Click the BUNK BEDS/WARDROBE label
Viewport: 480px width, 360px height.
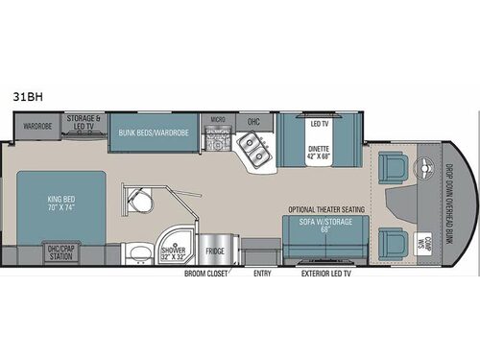(154, 132)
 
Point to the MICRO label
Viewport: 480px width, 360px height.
(218, 120)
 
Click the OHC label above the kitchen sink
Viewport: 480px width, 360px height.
(254, 122)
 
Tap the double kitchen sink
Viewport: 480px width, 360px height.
(252, 146)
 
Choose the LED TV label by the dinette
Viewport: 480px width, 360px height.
(319, 123)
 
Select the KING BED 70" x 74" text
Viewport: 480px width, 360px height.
(60, 204)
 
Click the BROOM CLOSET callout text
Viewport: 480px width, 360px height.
(207, 273)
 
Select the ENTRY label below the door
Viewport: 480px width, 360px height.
(262, 273)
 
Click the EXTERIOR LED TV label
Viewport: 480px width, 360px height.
(327, 273)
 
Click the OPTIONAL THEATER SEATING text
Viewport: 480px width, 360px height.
(324, 209)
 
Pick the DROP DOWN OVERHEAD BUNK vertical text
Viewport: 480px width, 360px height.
(446, 203)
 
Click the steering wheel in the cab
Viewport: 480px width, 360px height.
(421, 173)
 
